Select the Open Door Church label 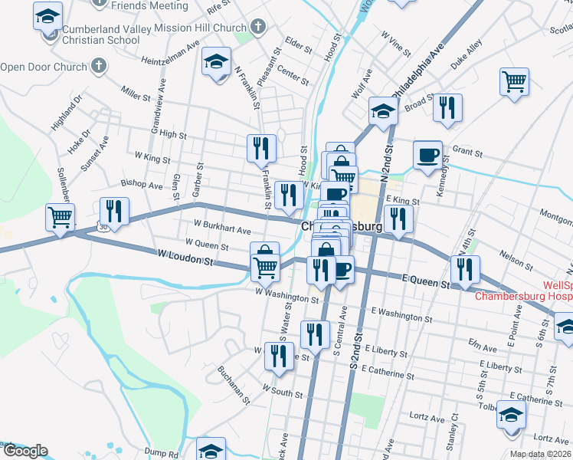coord(44,67)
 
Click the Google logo coord(25,451)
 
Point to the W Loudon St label coord(185,257)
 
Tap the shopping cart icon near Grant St coord(514,80)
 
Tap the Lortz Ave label coord(427,419)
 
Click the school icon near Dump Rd coord(211,449)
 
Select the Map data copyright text coord(541,454)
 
